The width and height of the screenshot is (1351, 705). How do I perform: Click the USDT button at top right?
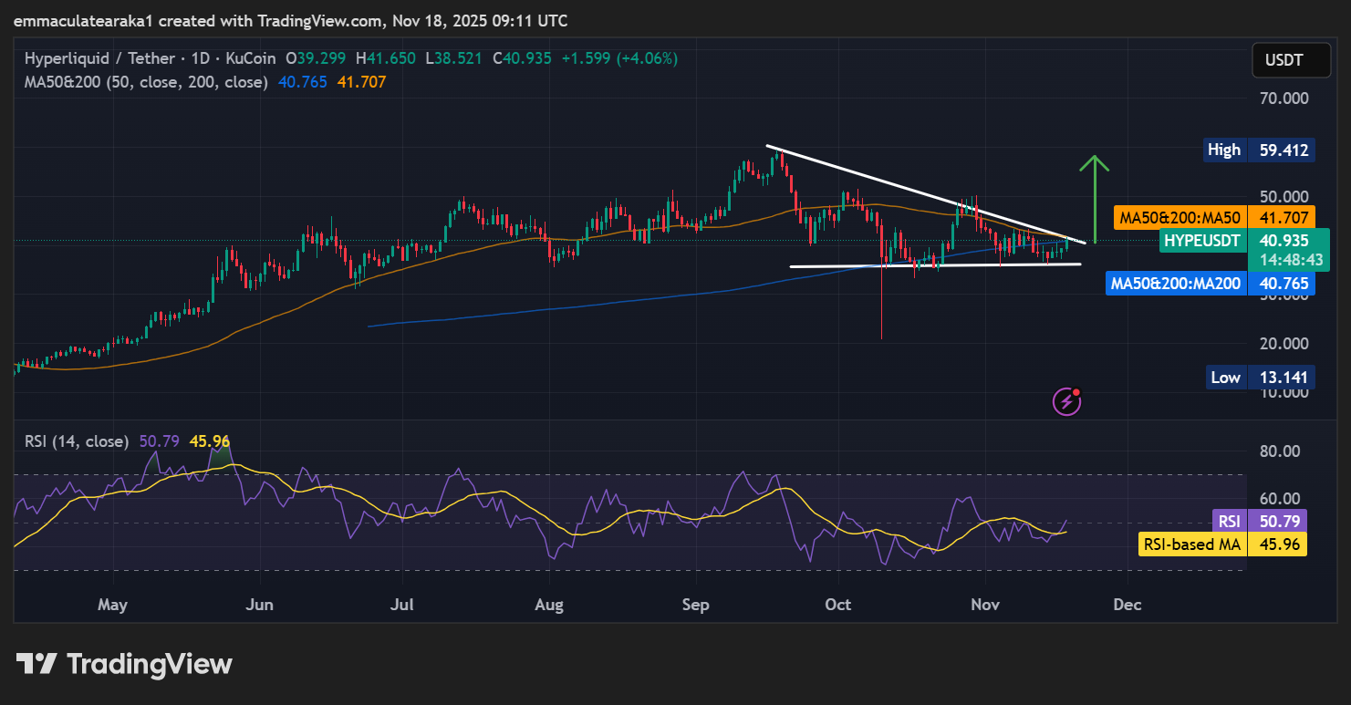coord(1283,61)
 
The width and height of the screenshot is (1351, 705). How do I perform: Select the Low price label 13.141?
coord(1259,377)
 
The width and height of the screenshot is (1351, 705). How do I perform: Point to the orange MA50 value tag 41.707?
coord(1214,218)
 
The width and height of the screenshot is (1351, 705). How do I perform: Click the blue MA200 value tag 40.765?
coord(1211,284)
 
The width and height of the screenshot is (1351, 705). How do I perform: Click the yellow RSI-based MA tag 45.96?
coord(1222,544)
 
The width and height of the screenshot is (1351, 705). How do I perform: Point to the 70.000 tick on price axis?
coord(1283,98)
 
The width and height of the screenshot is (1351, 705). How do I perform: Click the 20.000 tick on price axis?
coord(1283,343)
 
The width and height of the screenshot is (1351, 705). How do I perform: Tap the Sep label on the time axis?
coord(696,605)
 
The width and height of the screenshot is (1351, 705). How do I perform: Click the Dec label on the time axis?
coord(1128,605)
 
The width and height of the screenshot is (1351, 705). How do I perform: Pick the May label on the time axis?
coord(112,605)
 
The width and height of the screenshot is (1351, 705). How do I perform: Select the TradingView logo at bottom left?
coord(124,664)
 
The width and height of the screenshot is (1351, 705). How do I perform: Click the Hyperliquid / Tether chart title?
coord(99,58)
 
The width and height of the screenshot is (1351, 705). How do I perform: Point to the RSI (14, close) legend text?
coord(77,441)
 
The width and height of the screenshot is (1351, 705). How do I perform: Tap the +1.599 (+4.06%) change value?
coord(619,58)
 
